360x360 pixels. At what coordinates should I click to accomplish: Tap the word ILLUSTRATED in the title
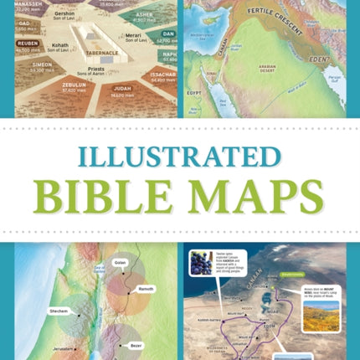pyautogui.click(x=179, y=157)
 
